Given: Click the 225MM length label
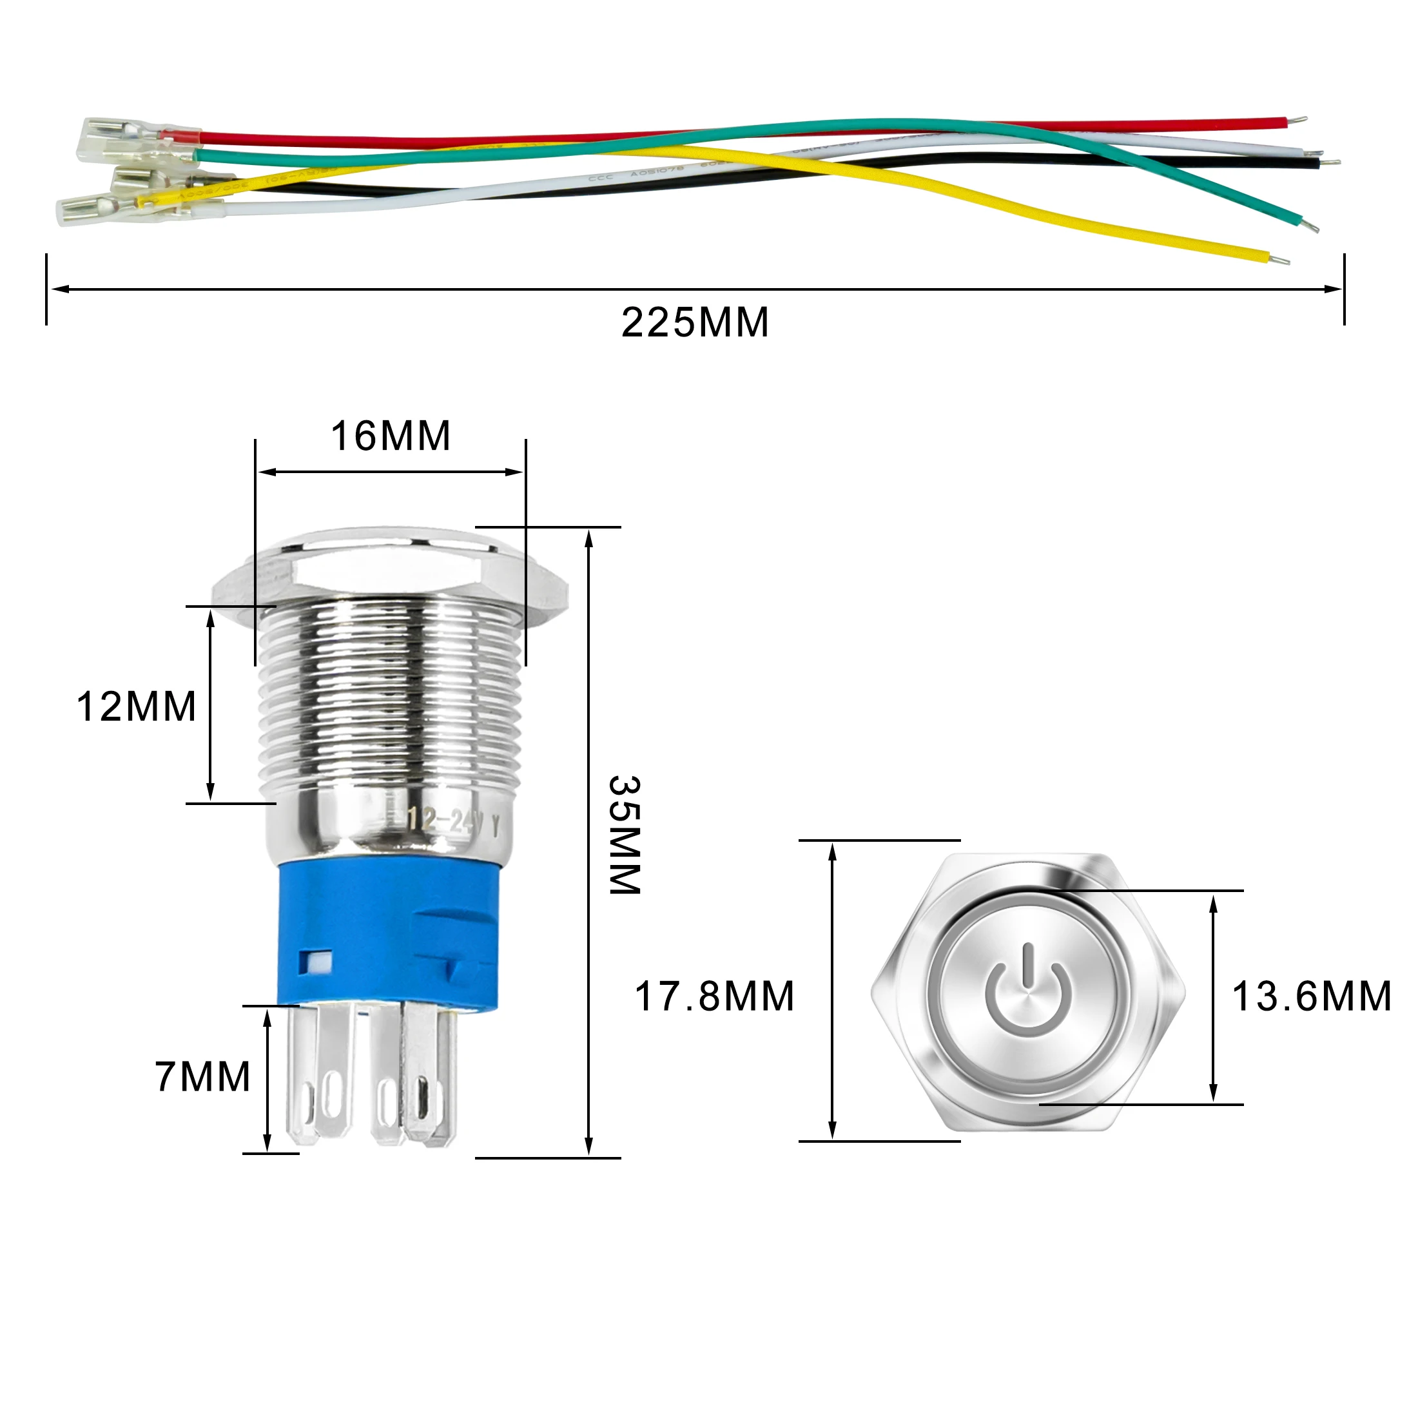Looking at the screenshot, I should (694, 322).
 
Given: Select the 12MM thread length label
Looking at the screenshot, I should (137, 707).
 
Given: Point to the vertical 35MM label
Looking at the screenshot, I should (625, 835).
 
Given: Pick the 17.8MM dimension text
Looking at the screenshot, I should (714, 996).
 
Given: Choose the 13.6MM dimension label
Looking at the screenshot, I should (1312, 996).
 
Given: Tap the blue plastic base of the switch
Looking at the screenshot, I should (389, 932).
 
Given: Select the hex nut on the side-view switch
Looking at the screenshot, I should (391, 580).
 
